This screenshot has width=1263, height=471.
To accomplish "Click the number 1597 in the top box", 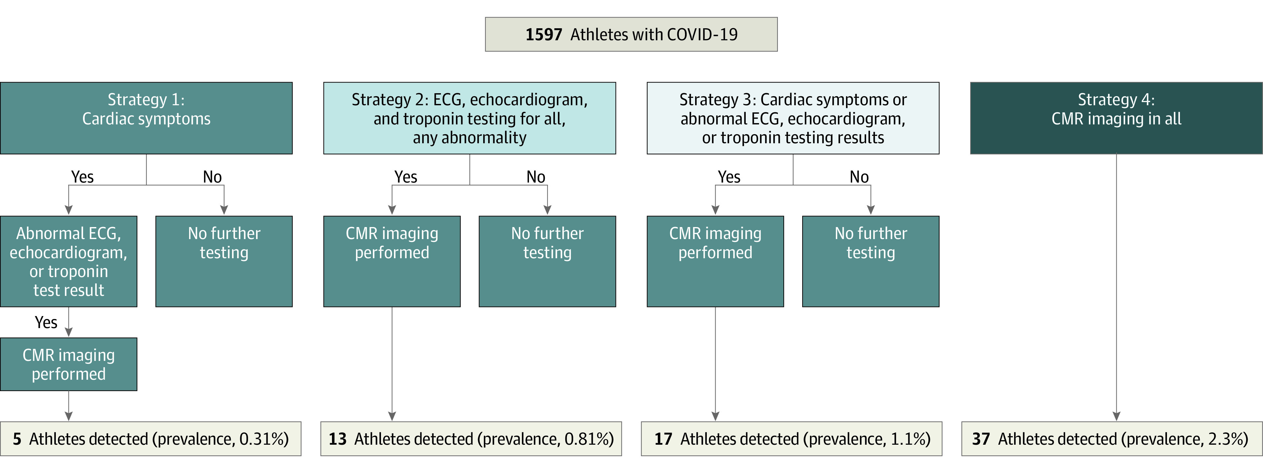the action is click(544, 34).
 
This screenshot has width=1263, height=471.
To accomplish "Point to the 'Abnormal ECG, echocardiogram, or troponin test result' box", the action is click(69, 261).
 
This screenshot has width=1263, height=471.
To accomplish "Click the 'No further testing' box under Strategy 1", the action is click(224, 261).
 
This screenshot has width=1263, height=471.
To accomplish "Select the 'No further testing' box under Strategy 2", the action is click(547, 261).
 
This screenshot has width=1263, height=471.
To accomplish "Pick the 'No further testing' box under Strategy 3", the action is click(871, 261).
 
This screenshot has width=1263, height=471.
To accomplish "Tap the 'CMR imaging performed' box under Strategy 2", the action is click(392, 261).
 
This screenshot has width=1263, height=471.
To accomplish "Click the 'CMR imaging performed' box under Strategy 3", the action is click(715, 261).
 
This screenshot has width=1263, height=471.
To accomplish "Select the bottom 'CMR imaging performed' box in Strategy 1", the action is click(69, 364).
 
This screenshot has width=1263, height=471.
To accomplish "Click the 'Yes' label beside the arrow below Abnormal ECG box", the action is click(46, 322).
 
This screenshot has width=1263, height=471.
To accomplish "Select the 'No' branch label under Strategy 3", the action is click(859, 177).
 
